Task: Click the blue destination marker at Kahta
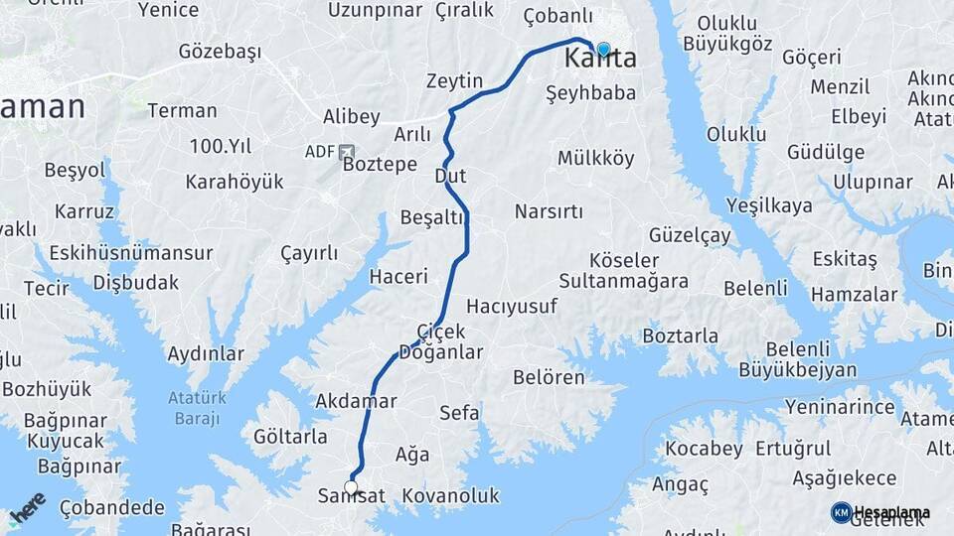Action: coord(603,49)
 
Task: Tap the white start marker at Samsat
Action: coord(351,486)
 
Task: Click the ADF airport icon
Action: coord(346,152)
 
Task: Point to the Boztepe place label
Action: coord(380,165)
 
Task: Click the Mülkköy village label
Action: coord(595,158)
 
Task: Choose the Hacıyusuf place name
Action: coord(512,306)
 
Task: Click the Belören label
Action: coord(549,377)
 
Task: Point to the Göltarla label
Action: coord(290,437)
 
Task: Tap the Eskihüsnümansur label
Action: coord(116,253)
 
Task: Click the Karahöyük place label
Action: coord(235,182)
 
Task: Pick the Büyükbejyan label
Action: coord(797,369)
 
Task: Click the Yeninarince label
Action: coord(840,406)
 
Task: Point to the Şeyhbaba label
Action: coord(590,92)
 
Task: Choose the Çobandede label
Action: coord(112,508)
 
